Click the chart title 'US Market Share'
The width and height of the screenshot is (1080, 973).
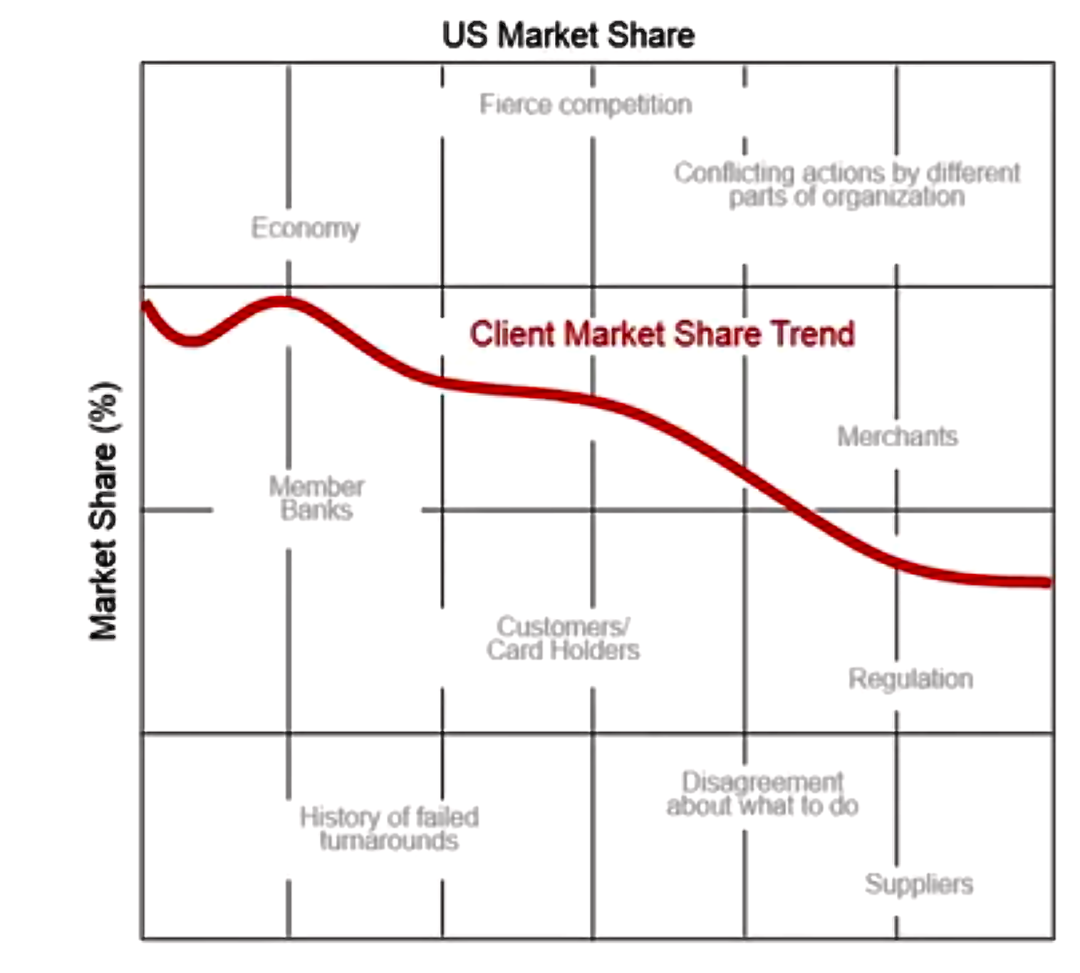(x=568, y=35)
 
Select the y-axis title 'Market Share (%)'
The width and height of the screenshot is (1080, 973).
(x=104, y=511)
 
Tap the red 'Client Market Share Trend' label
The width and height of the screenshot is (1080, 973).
(x=662, y=333)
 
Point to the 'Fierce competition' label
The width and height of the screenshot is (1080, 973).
(x=586, y=105)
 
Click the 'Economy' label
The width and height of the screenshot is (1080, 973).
(x=305, y=228)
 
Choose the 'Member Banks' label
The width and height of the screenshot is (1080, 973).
(x=316, y=499)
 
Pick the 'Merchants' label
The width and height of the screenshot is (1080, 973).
(x=897, y=436)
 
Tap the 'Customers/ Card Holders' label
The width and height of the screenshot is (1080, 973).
(x=563, y=638)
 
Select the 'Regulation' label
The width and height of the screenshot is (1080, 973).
(x=910, y=679)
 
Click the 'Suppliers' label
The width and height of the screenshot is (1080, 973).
(x=919, y=884)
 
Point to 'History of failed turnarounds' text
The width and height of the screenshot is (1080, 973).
(x=389, y=828)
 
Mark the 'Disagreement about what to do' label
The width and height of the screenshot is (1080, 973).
(x=762, y=794)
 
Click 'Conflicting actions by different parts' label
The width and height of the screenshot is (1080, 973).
(x=847, y=184)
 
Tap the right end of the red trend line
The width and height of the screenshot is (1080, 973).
(x=1046, y=583)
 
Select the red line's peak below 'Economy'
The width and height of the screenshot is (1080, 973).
(x=284, y=302)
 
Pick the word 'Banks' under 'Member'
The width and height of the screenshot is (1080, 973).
(x=316, y=511)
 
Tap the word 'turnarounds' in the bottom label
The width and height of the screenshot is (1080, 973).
(x=389, y=841)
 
